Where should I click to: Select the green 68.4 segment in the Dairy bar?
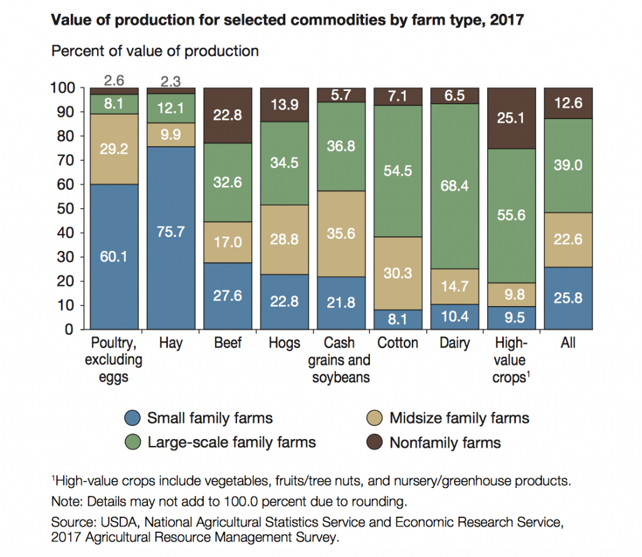455,186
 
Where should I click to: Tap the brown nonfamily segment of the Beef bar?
228,115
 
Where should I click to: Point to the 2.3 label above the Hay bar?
171,80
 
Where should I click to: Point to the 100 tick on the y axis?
62,88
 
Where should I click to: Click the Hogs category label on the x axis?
284,343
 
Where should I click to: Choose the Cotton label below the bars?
397,343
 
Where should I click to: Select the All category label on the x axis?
569,343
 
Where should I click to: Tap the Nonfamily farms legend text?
445,443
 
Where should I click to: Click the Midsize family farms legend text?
459,418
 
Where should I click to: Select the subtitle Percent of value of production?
155,51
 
